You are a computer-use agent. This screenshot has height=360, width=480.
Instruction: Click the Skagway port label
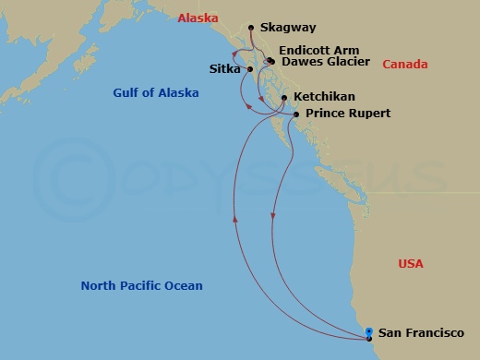tap(286, 29)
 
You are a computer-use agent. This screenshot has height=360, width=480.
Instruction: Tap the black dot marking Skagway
tap(251, 29)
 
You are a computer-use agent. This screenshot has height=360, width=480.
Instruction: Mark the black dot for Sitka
tap(250, 69)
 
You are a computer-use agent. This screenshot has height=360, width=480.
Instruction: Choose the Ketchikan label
tap(324, 97)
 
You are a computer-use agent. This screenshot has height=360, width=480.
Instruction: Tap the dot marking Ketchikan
tap(283, 97)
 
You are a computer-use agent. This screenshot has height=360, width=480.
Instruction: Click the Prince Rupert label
tap(347, 114)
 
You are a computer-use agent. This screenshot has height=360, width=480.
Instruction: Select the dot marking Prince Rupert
tap(295, 114)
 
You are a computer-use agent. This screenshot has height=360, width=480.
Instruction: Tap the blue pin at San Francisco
tap(369, 333)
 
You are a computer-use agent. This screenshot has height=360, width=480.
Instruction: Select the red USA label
tap(411, 264)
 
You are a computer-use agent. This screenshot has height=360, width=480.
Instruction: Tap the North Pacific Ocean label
tap(141, 286)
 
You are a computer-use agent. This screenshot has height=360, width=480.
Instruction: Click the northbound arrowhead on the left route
tap(236, 220)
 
